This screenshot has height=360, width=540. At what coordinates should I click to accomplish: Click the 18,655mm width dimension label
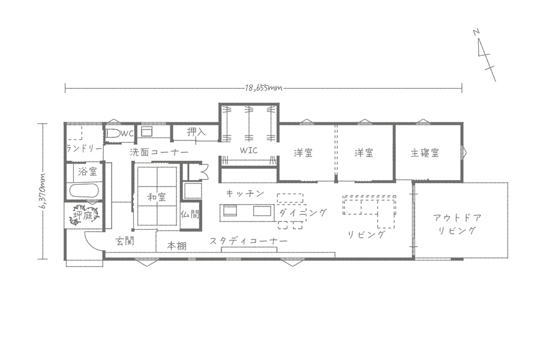pos(263,88)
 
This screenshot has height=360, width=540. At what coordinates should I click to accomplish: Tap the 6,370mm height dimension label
pos(43,191)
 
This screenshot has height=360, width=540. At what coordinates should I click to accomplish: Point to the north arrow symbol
pos(484,55)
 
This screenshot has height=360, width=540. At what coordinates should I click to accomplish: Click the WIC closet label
pos(248,150)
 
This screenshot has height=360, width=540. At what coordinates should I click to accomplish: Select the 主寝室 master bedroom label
pos(425,152)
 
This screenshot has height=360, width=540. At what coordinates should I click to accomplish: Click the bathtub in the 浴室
pos(85,191)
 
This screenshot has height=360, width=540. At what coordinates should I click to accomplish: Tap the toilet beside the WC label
pos(112,134)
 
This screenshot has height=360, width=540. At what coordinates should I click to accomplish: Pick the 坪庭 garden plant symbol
pos(83,215)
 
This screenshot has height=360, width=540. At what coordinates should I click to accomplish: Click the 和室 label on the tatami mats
pos(157,197)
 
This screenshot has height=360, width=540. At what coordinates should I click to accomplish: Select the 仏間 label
pos(190,214)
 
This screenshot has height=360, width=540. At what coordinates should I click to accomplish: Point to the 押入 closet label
pos(196,131)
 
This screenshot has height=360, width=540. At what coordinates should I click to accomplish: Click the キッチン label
pos(245,193)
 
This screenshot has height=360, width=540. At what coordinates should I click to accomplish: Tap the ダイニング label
pos(302,212)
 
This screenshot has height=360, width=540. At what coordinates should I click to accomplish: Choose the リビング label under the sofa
pos(366,235)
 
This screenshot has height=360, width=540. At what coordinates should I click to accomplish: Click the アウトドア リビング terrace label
pos(457,224)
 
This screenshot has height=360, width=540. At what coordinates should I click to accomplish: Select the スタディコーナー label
pos(248,241)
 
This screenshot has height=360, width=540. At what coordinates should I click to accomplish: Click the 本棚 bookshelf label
pos(176,245)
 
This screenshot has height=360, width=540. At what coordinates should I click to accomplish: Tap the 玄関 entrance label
pos(125,241)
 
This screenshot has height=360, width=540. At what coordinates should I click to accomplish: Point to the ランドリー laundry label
pos(84,149)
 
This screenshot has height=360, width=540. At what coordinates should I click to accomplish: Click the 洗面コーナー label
pos(159,152)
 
